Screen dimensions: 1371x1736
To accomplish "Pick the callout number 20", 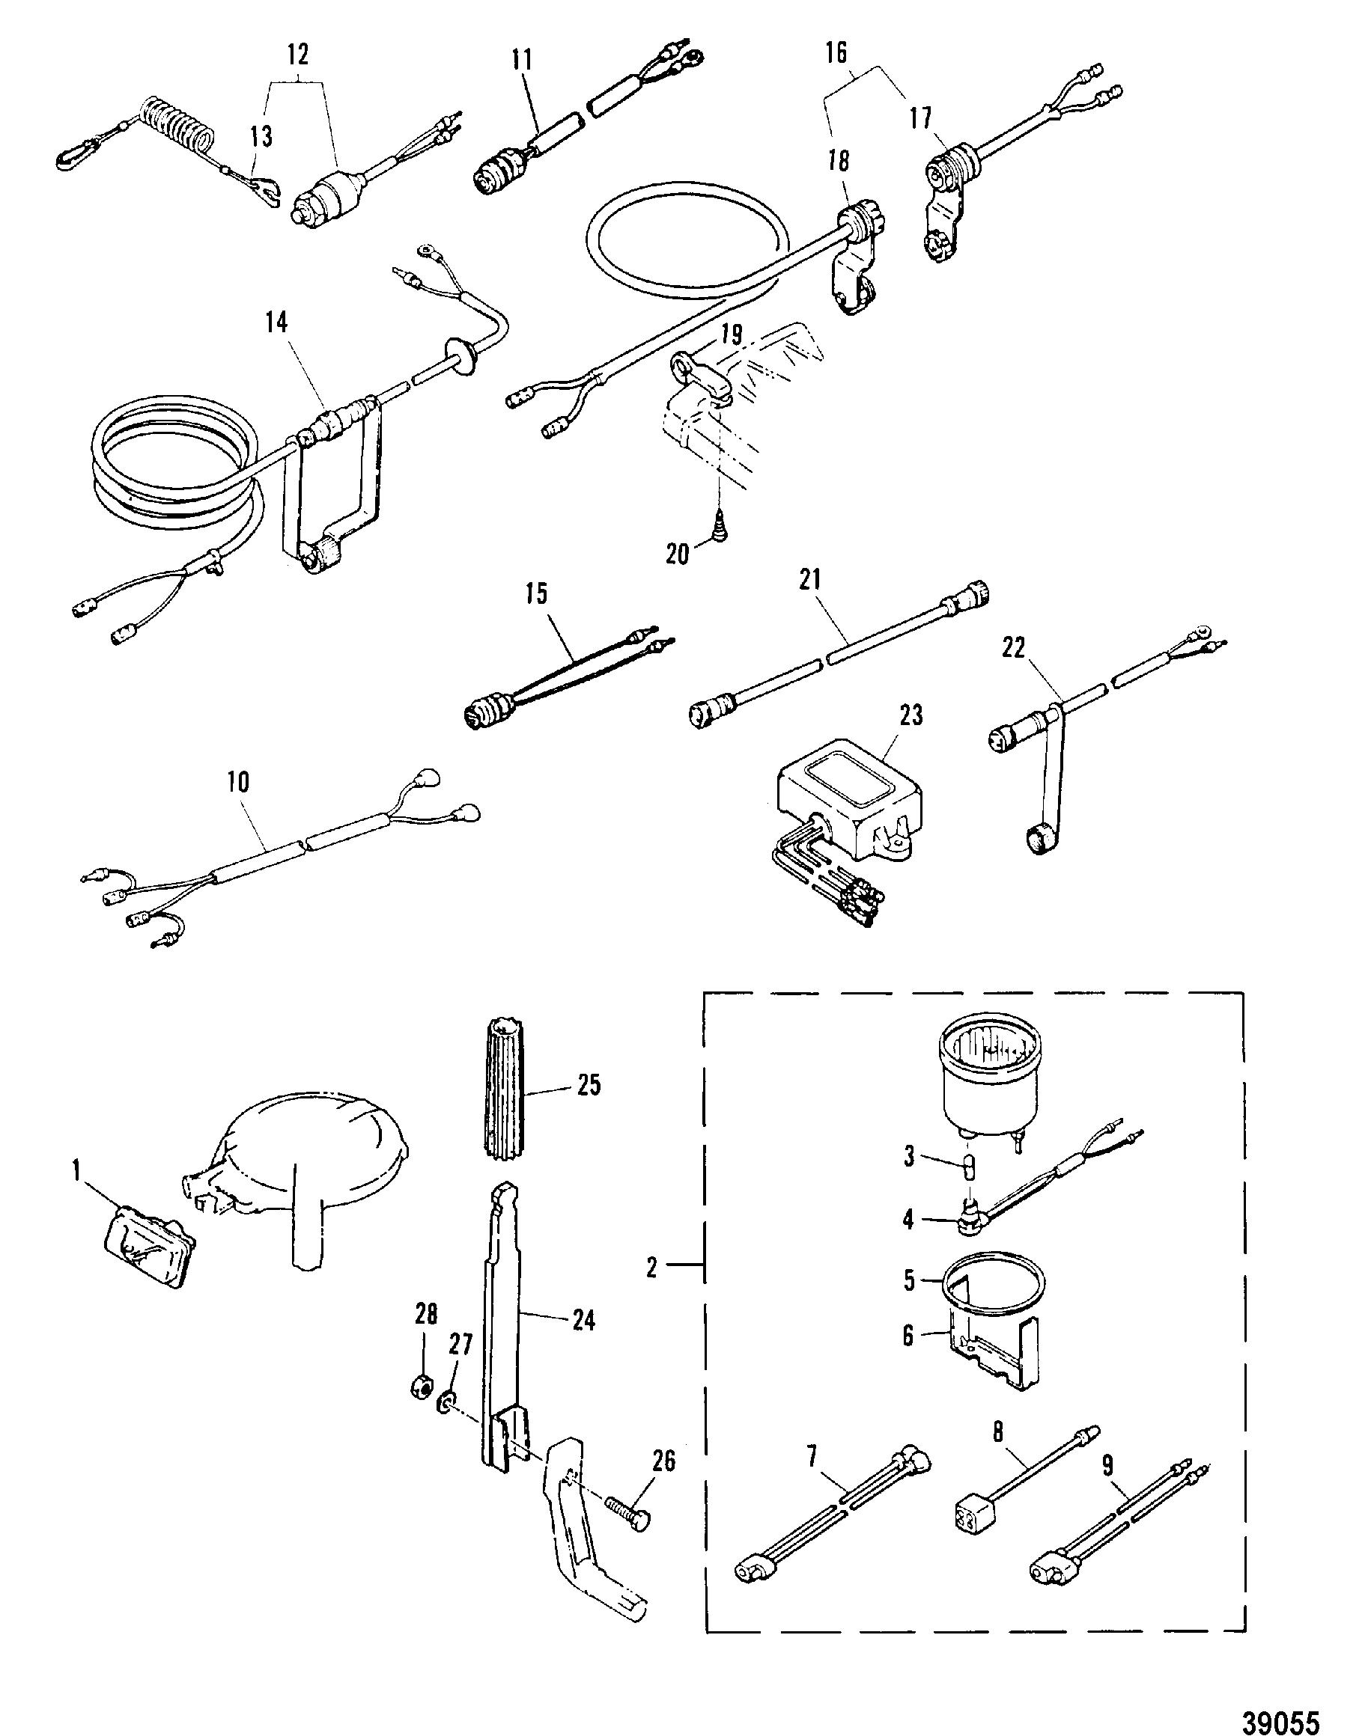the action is pyautogui.click(x=678, y=554).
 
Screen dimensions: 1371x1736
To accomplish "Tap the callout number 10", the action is pyautogui.click(x=238, y=782).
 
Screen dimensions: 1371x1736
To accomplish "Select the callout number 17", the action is pyautogui.click(x=921, y=118).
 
